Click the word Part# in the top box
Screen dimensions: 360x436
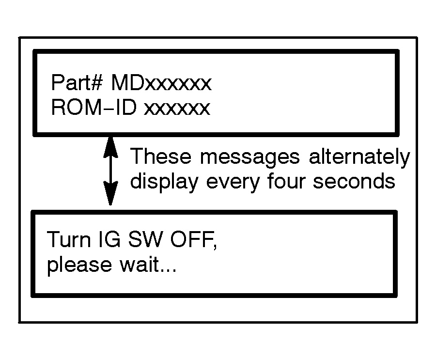coord(76,84)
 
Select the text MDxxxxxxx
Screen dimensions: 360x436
coord(161,84)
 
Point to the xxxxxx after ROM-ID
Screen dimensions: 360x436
coord(177,108)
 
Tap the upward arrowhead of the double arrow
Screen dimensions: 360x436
coord(111,145)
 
